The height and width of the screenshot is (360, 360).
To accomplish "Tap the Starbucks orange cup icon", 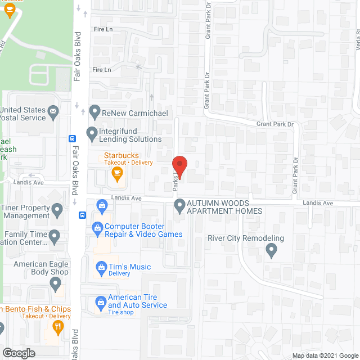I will coord(117,174).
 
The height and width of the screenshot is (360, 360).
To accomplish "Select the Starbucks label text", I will coord(120,155).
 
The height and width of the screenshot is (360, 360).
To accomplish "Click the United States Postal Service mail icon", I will coord(53,111).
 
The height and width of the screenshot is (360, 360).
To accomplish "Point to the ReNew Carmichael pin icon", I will coord(94,111).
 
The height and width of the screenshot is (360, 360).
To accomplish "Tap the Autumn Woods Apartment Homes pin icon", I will coord(179,205).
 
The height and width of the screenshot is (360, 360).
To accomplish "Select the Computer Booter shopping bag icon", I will coord(96,228).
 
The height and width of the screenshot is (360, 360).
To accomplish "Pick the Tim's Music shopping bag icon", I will coord(101,265).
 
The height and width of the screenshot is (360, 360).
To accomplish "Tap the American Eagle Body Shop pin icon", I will coord(56,285).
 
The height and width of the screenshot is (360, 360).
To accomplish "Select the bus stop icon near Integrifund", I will coord(72,138).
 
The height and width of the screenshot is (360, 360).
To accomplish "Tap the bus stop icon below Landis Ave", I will coord(82,214).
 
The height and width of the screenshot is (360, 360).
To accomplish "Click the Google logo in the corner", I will coord(18,353).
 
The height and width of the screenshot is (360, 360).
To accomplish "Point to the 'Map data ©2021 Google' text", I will coord(325,356).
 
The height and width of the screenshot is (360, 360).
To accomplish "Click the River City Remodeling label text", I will coord(246,238).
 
